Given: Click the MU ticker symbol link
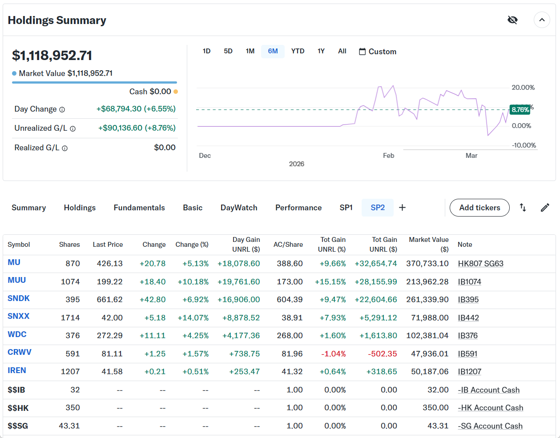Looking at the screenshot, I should [14, 262].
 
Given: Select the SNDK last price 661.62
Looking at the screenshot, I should [109, 300].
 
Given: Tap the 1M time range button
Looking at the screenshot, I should [250, 51].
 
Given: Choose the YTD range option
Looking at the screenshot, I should [298, 51].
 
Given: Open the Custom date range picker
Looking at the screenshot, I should [377, 52].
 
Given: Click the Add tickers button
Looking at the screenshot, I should [479, 208].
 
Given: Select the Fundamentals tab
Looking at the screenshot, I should [139, 208].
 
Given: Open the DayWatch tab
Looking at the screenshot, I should [239, 208].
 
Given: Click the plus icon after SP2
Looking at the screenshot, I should [402, 208].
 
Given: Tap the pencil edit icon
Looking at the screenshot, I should [545, 208].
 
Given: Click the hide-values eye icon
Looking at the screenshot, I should [512, 20].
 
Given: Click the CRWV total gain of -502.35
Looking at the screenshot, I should [382, 354].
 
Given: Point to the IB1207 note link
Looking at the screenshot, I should [469, 372].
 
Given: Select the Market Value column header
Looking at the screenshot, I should [429, 244].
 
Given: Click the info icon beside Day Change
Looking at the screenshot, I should [62, 109].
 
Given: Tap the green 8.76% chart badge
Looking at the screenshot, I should [520, 109].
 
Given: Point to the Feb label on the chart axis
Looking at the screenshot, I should [388, 156].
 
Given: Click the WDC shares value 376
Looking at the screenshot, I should [73, 336].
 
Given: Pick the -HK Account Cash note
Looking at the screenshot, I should [490, 408].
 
